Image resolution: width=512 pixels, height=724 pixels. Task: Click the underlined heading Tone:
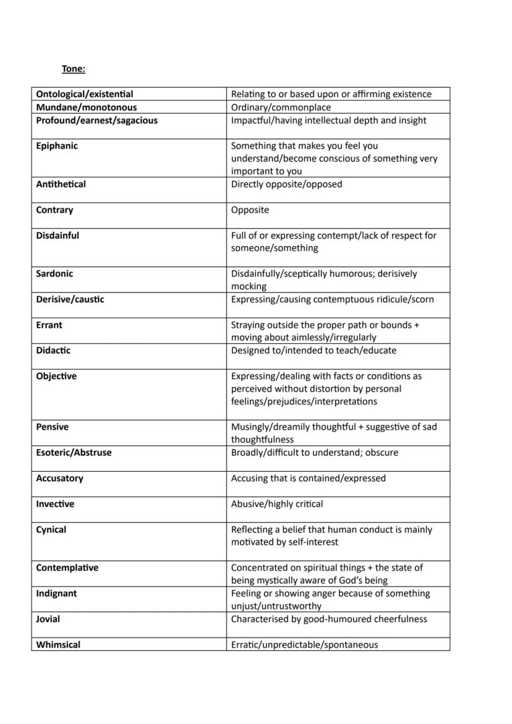click(73, 69)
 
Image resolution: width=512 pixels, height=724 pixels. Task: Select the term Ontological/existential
click(84, 94)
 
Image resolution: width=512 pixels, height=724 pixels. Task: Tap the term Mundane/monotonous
click(86, 108)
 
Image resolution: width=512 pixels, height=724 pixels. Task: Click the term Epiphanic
click(57, 146)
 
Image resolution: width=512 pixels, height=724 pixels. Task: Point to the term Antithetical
click(61, 184)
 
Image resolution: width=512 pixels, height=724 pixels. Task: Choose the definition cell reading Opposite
click(250, 210)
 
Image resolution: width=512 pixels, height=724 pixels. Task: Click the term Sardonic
click(56, 274)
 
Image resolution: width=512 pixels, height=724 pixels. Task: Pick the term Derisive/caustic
click(70, 299)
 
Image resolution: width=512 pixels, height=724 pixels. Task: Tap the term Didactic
click(53, 351)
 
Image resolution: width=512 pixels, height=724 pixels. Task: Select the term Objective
click(56, 376)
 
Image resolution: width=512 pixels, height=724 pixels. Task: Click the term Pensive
click(52, 427)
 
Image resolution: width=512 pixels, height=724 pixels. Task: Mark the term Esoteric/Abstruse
click(74, 453)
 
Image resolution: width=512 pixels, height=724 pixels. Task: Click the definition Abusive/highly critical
click(276, 504)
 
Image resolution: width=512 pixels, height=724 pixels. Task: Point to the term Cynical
click(51, 530)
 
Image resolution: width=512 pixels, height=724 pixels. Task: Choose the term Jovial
click(48, 619)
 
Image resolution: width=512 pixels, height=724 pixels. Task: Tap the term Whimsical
click(58, 645)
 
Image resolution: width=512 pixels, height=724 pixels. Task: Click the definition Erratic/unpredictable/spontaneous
click(304, 645)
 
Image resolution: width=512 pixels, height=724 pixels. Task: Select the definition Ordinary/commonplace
click(281, 108)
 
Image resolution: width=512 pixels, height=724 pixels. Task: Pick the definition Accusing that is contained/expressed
click(308, 479)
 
